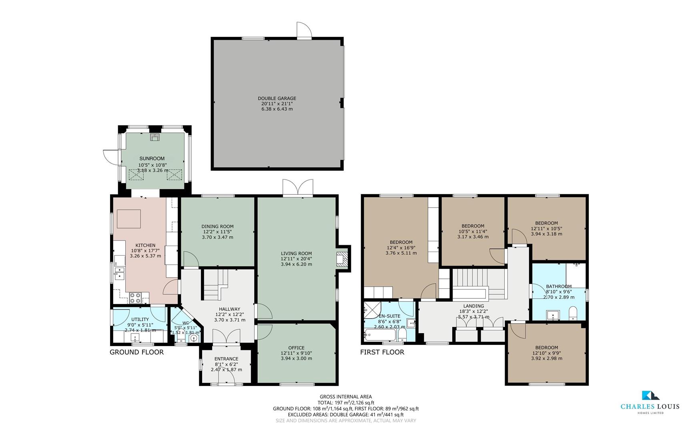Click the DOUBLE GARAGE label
coord(277,98)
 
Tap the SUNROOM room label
coord(152,158)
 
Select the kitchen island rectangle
coord(128,219)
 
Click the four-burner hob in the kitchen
coord(135,298)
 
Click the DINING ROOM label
coord(217,226)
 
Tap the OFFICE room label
coord(297,348)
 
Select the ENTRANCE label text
coord(227,359)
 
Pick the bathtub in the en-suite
coord(380,335)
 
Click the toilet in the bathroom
coord(573,313)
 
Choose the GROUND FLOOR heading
coord(137,352)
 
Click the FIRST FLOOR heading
coord(382,352)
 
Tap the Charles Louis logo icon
coord(650,396)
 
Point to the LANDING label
coord(473,306)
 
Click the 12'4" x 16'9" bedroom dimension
coord(401,248)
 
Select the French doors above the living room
coord(298,188)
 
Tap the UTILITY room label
coord(140,320)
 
